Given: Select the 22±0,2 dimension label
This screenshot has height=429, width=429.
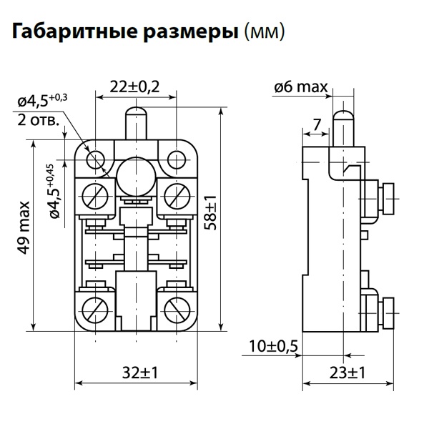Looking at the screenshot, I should [135, 87].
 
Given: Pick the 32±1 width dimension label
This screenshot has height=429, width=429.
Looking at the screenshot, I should [136, 373].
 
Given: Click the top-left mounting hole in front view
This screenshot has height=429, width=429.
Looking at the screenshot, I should [96, 157].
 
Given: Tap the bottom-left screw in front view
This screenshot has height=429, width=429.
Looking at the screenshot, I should [96, 310].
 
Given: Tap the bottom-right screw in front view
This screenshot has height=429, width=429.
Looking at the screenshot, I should [175, 310].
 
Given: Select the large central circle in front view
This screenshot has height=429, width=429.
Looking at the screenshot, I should [135, 174].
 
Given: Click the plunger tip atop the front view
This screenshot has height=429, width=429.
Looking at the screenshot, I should [135, 114].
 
